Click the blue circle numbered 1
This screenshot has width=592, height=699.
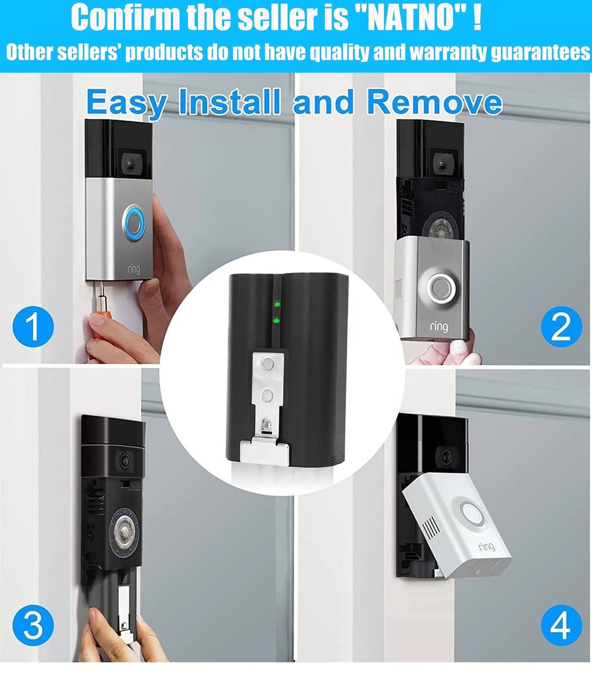point(33,327)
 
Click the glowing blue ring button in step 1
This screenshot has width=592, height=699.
point(134,223)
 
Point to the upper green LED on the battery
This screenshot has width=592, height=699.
point(277,304)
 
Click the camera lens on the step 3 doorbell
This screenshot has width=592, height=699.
point(125,462)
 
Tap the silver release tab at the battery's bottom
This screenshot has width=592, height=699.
point(265,451)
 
